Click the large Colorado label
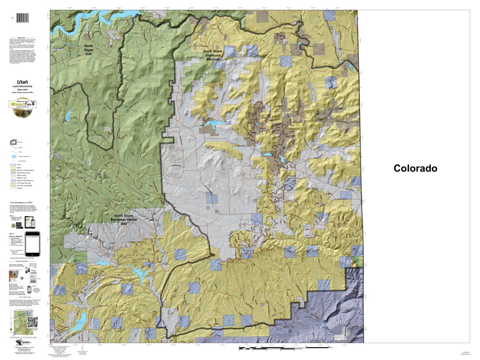415,168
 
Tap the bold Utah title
22,82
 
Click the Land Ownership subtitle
22,86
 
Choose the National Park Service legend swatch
13,181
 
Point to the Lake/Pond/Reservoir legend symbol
14,156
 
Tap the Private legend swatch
13,188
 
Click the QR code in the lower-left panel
32,322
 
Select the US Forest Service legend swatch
13,183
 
